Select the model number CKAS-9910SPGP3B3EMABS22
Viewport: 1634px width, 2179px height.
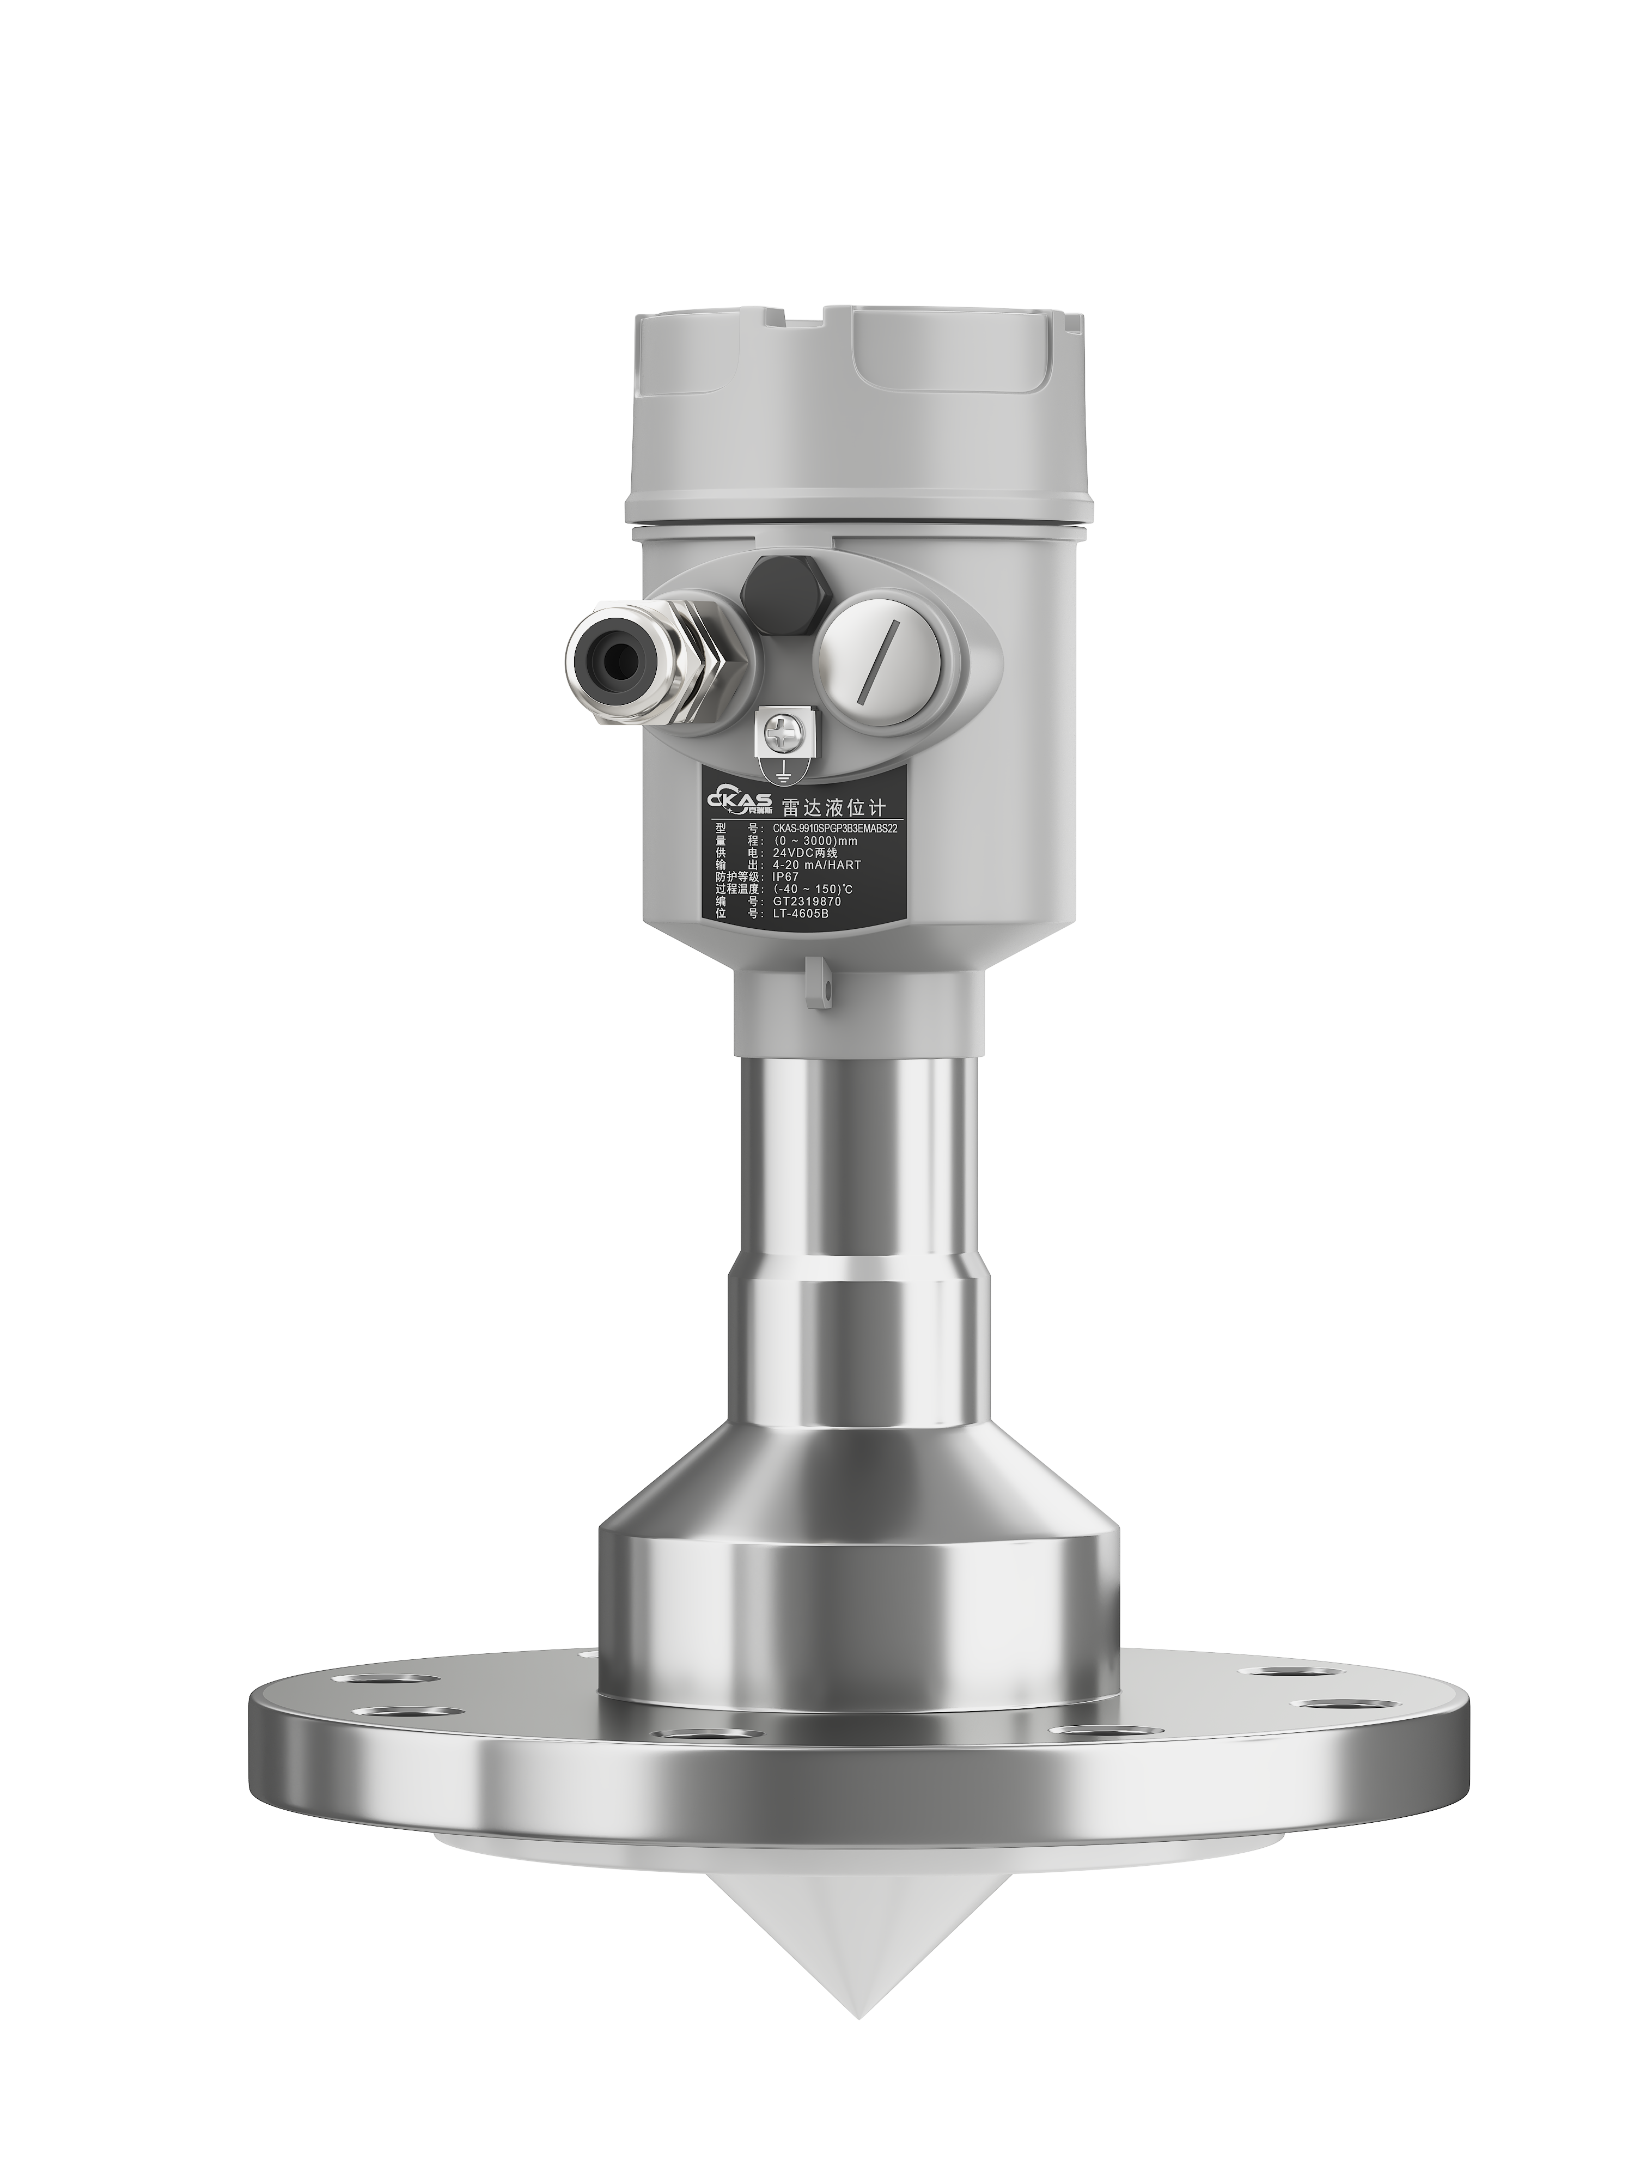(x=835, y=829)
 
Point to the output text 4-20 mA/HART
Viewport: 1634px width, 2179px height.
(x=816, y=865)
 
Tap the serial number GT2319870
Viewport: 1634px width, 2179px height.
(x=808, y=902)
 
